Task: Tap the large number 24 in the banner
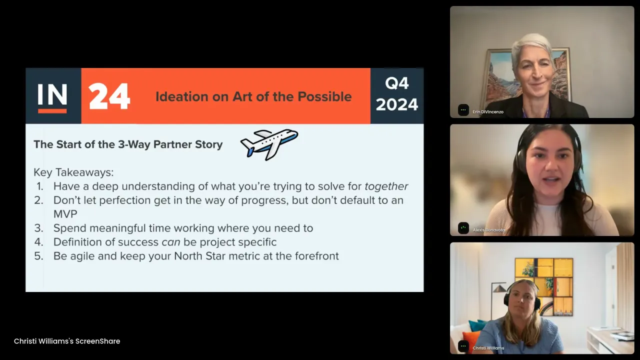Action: [109, 96]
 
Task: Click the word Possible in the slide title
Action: [324, 96]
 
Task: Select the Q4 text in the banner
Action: [397, 83]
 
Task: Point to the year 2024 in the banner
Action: [397, 104]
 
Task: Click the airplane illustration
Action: [269, 144]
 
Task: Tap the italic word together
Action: [386, 186]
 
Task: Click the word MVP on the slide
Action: [65, 214]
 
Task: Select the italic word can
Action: [171, 242]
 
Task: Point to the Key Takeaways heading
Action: [73, 172]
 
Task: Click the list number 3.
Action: [39, 228]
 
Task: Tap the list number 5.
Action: [39, 256]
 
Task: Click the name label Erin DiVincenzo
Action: [488, 112]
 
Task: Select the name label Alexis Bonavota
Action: [488, 230]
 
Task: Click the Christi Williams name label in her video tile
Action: [488, 348]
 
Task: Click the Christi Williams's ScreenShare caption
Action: [67, 341]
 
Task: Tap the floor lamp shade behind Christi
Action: [499, 288]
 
